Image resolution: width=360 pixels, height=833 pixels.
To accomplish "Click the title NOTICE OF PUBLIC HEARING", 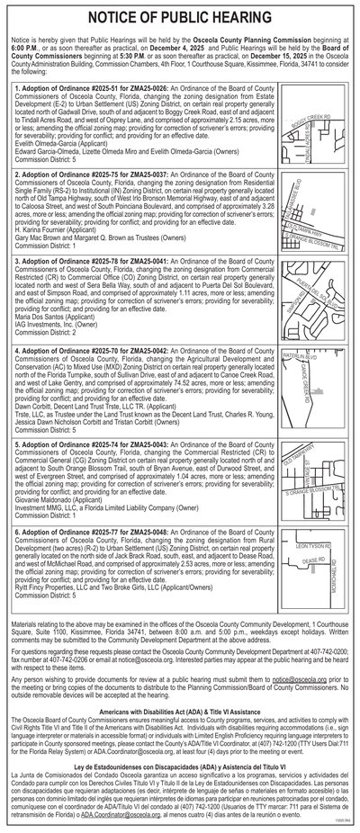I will [x=180, y=18].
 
